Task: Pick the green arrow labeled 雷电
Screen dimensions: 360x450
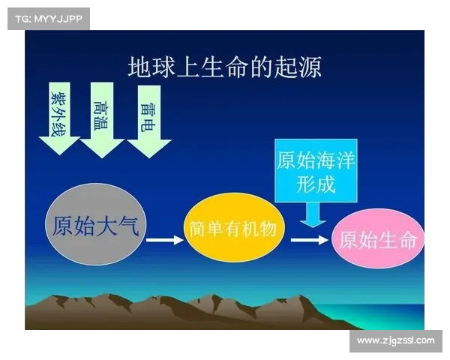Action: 148,120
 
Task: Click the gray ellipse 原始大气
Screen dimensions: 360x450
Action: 95,226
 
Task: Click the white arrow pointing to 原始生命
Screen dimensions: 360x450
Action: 309,240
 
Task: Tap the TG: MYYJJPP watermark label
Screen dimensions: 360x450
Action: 48,18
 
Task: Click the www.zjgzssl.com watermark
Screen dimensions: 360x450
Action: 395,340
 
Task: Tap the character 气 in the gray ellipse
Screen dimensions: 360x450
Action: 128,226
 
